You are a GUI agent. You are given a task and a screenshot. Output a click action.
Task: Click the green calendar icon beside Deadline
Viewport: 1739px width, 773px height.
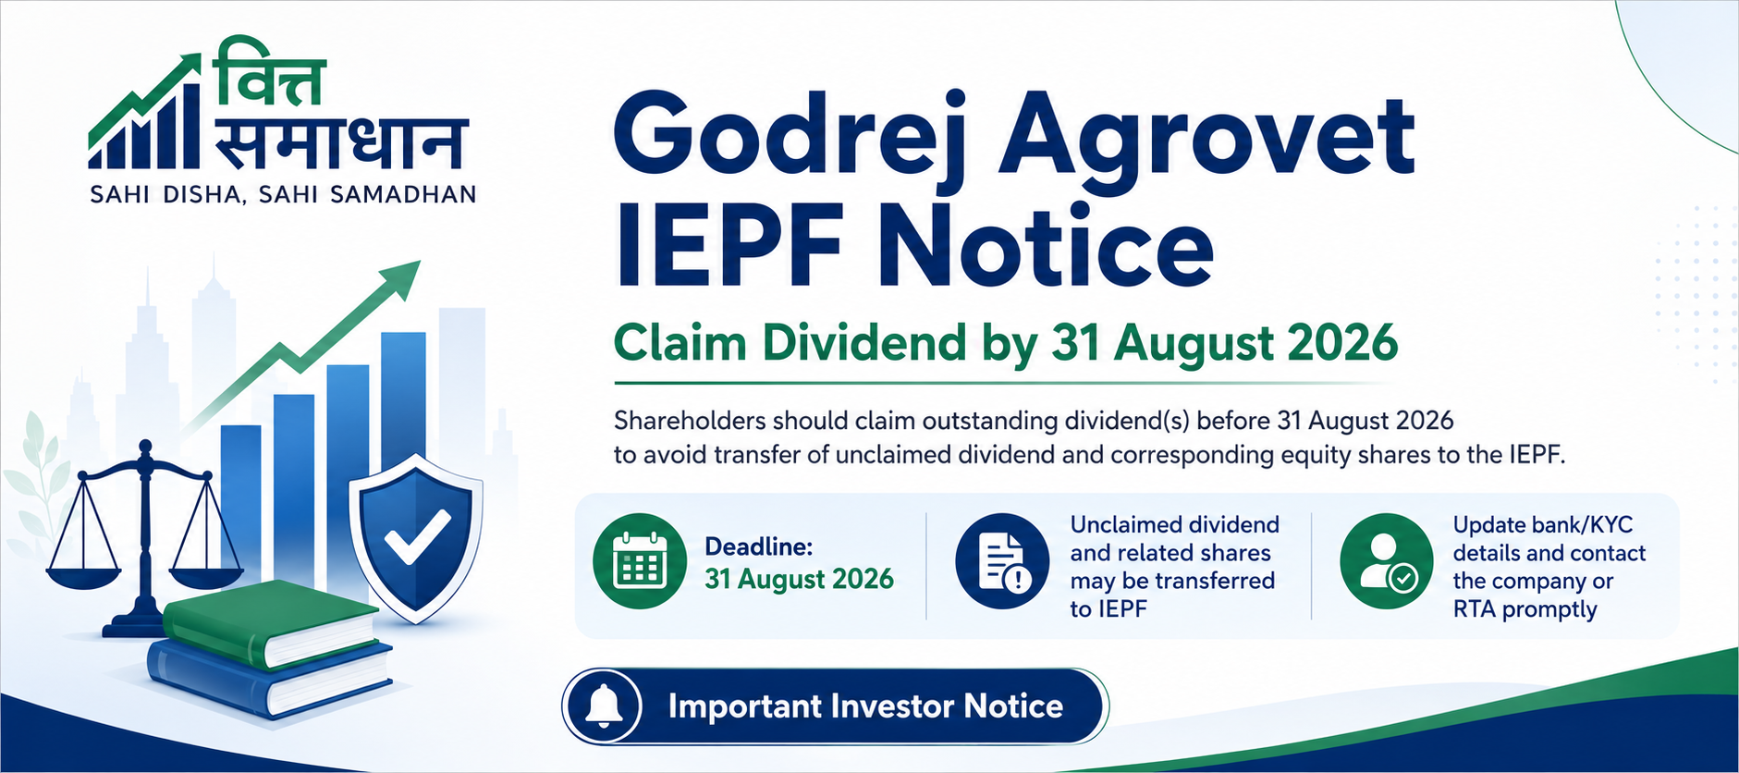tap(640, 561)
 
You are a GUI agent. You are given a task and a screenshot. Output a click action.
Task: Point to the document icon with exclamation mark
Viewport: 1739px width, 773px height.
tap(1002, 561)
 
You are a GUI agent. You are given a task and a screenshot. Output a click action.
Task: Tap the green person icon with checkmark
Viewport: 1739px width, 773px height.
tap(1387, 561)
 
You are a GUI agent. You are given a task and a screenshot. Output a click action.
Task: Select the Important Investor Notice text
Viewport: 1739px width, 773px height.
tap(865, 706)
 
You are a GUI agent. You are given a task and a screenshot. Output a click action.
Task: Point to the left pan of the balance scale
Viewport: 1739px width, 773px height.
tap(83, 573)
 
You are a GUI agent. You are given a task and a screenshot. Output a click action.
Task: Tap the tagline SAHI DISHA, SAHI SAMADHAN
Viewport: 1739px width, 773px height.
tap(284, 195)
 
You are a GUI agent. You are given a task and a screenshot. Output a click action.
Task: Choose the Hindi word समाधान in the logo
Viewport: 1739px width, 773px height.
tap(340, 144)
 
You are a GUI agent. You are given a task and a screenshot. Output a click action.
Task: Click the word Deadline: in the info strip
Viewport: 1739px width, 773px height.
tap(759, 546)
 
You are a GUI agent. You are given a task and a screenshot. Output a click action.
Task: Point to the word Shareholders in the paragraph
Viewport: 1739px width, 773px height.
tap(691, 421)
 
